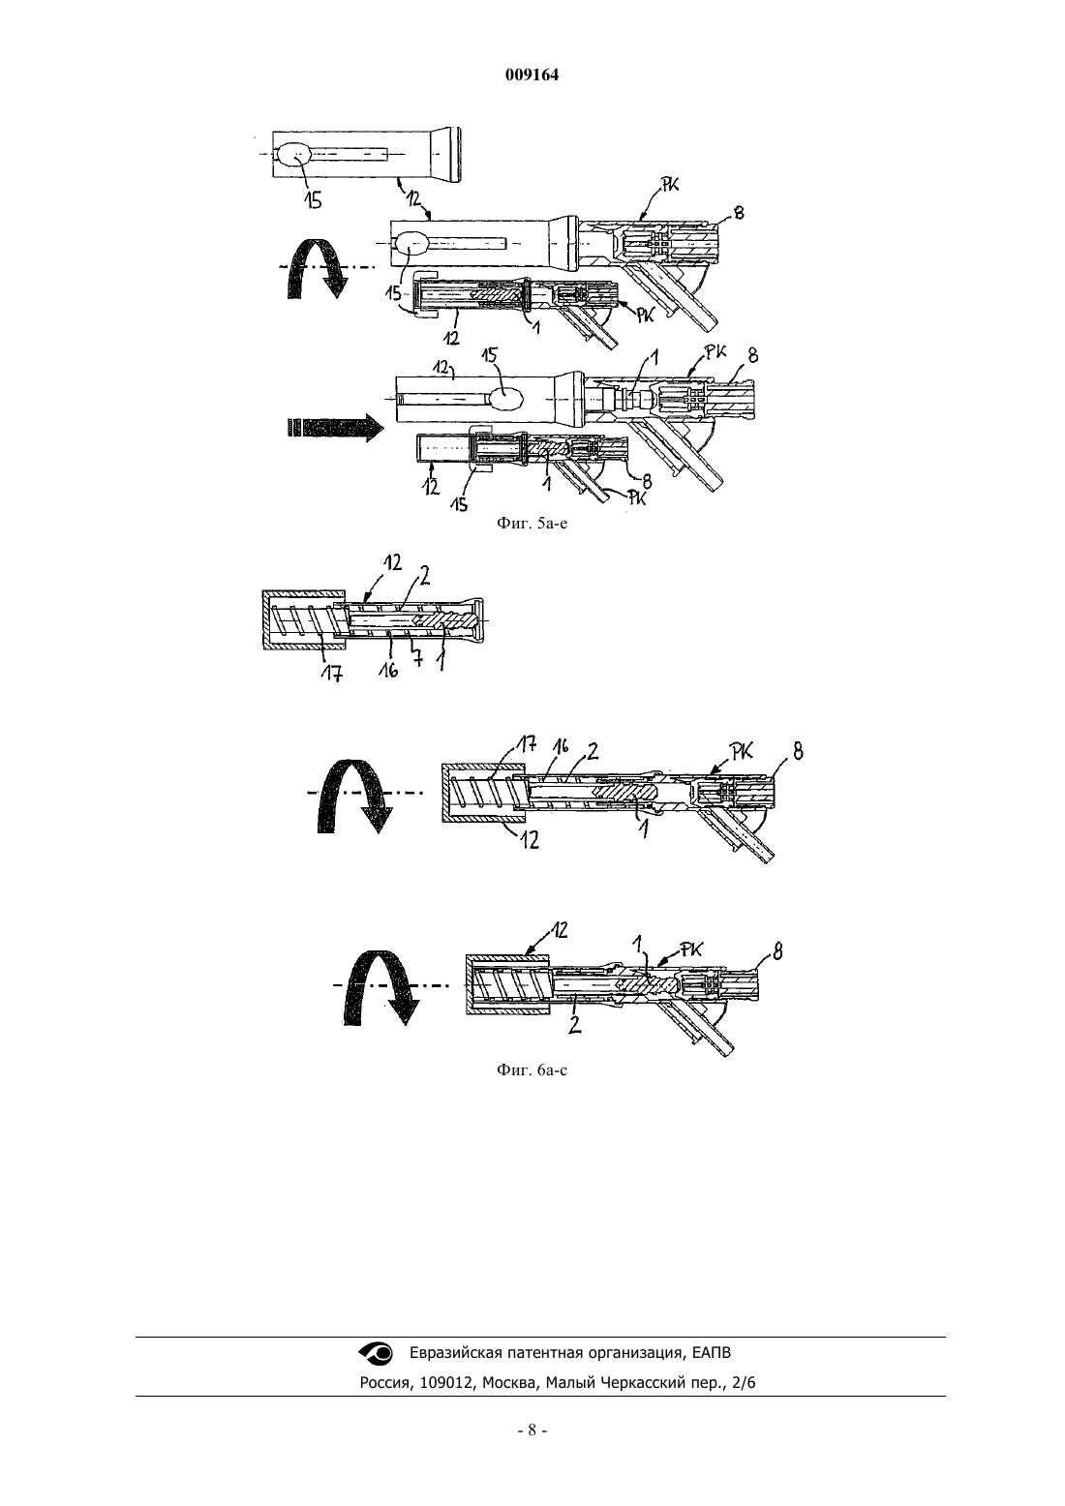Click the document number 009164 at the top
(x=532, y=75)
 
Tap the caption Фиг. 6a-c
(x=532, y=1069)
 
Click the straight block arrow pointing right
(x=334, y=428)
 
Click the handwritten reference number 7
(x=417, y=657)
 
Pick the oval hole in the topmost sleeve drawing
(x=293, y=155)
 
